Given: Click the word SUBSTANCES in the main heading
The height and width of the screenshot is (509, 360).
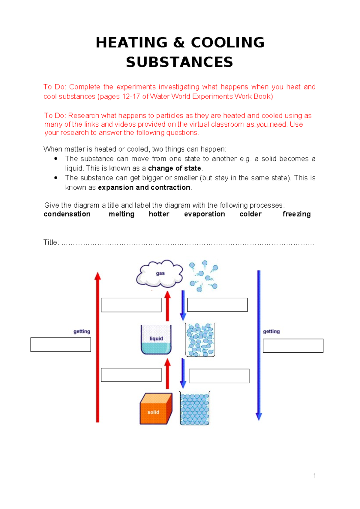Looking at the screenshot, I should tap(179, 62).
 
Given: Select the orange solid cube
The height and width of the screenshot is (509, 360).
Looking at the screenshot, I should tap(156, 408).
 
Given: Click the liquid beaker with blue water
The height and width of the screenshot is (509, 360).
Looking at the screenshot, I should tap(156, 340).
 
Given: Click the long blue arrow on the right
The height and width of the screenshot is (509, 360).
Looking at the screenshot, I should tap(259, 345).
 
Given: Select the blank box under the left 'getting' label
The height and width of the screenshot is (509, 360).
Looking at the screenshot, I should tap(61, 345).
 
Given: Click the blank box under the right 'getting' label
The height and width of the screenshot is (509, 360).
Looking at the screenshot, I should tap(293, 346).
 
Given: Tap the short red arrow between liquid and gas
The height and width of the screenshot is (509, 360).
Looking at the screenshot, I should tap(167, 306).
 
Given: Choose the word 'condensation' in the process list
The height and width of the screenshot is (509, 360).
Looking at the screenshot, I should tap(67, 214).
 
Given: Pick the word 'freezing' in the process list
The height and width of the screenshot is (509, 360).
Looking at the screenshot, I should tap(296, 214).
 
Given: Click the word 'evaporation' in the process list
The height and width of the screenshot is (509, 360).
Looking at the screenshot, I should tap(204, 214).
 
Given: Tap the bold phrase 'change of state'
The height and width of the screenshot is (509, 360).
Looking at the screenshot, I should tap(174, 168).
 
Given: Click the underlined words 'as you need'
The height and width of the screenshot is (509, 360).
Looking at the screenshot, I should tap(266, 124).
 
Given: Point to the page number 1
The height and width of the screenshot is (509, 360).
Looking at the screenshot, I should tap(314, 476).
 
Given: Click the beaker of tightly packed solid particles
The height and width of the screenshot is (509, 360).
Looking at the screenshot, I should tap(195, 408).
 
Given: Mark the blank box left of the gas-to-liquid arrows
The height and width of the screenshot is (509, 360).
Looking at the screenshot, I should tap(131, 305).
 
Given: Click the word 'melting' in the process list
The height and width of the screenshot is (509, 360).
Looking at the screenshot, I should tap(121, 214).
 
